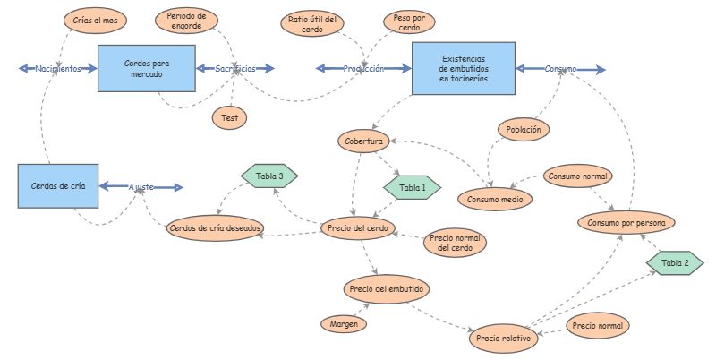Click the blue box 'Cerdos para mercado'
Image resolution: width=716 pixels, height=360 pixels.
(x=147, y=68)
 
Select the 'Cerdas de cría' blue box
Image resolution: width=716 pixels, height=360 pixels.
(x=57, y=187)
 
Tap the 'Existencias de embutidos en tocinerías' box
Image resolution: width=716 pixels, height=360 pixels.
(x=463, y=68)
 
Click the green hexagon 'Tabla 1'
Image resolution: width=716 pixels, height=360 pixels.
(x=413, y=188)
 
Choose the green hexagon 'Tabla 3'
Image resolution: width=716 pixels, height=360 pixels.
(x=269, y=176)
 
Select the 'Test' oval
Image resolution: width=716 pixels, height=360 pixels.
(x=229, y=116)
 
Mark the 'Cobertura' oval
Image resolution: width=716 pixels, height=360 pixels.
(x=363, y=141)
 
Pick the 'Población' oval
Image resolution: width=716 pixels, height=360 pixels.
(x=523, y=129)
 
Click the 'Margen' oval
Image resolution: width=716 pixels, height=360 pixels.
(x=343, y=322)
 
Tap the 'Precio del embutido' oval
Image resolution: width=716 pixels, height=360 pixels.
(x=387, y=289)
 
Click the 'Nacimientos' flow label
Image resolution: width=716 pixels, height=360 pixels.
(x=59, y=68)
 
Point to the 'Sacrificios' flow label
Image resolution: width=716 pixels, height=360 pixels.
(x=235, y=68)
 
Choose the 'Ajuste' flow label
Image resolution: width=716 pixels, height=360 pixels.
(x=141, y=187)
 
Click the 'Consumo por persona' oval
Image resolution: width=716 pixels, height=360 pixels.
(x=626, y=221)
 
